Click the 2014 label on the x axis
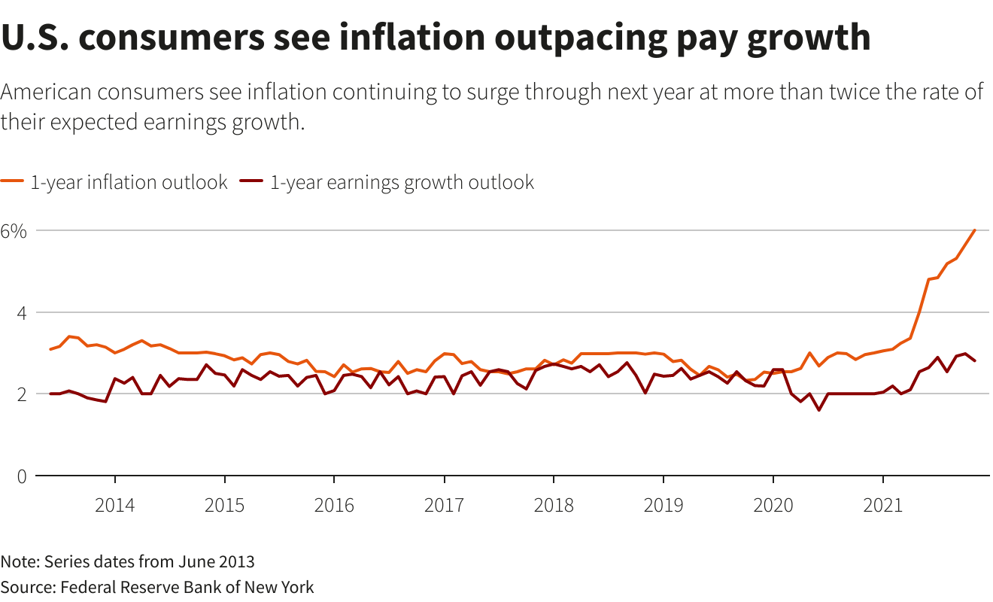click(x=115, y=504)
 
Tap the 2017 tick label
click(x=444, y=504)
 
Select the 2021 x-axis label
click(x=882, y=504)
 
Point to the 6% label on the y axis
click(x=14, y=231)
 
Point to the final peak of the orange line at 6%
click(x=975, y=230)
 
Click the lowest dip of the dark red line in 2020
click(x=819, y=410)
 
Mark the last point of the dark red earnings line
click(x=975, y=361)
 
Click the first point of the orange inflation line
click(x=50, y=349)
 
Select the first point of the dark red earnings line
click(x=50, y=394)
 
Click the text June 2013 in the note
click(x=216, y=562)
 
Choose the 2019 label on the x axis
click(x=663, y=504)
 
